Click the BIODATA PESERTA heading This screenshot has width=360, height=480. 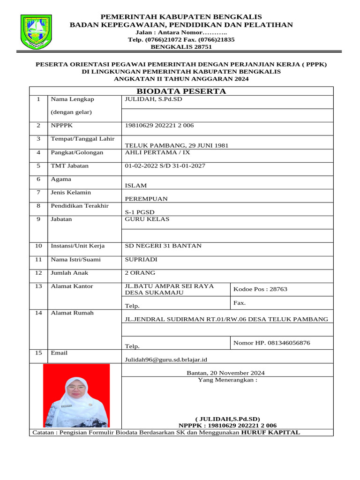click(x=181, y=91)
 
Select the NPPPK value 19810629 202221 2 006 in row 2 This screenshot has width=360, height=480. click(x=159, y=126)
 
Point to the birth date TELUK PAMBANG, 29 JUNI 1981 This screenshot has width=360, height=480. click(x=176, y=145)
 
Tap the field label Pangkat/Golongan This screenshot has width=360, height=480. click(x=77, y=152)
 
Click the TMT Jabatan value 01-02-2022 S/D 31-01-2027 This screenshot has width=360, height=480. click(x=165, y=166)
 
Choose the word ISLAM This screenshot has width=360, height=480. click(x=135, y=186)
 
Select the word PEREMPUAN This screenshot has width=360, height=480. click(x=146, y=199)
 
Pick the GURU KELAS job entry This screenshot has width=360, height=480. click(x=147, y=219)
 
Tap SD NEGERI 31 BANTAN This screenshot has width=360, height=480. click(x=163, y=246)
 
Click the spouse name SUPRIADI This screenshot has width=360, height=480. click(x=141, y=259)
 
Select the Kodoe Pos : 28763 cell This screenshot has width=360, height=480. click(x=260, y=289)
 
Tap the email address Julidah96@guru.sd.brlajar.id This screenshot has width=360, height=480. click(x=165, y=360)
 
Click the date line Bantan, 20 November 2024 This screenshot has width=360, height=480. click(x=225, y=373)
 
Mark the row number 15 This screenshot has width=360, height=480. click(x=38, y=353)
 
